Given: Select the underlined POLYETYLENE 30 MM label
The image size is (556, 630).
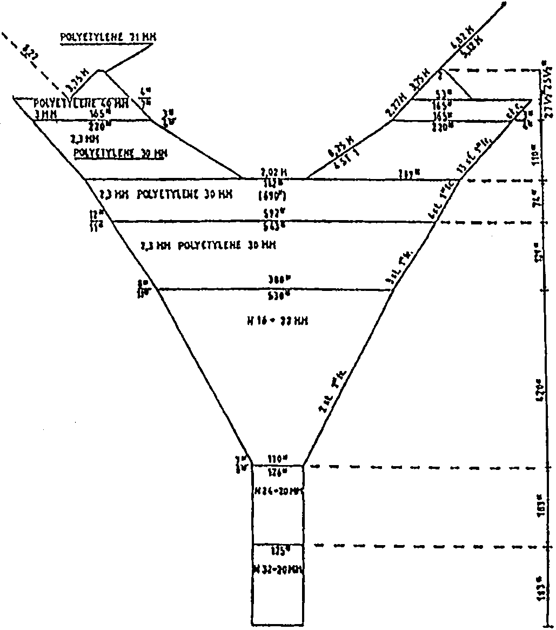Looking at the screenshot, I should click(120, 153).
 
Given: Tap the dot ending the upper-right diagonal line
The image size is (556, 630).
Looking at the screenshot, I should click(505, 4).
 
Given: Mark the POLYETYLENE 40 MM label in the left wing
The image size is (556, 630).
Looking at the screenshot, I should click(81, 103).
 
